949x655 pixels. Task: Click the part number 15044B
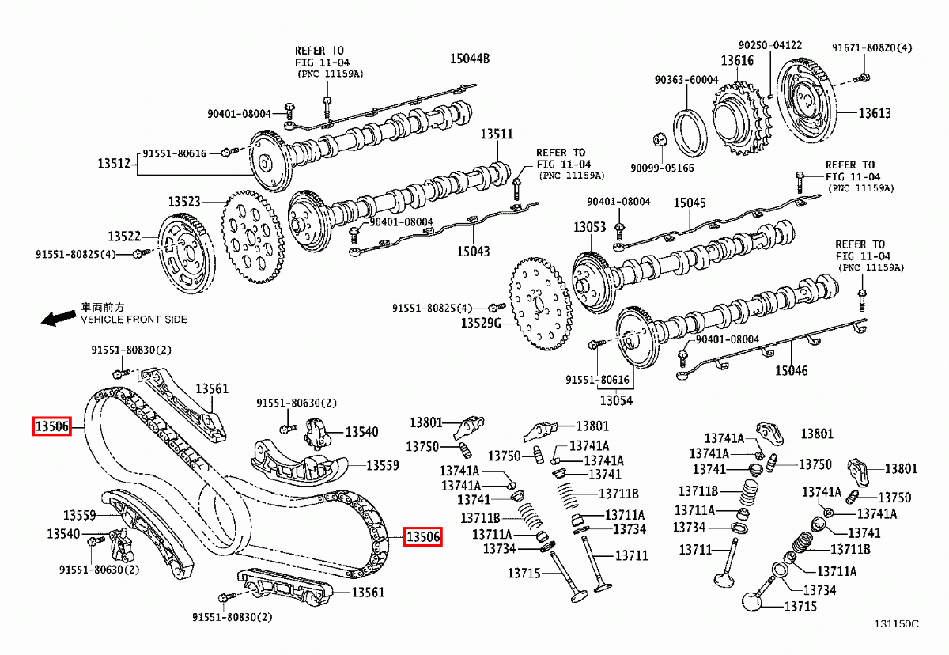471,59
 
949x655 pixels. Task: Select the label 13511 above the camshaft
498,134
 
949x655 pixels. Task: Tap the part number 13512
114,164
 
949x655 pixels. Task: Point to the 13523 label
183,203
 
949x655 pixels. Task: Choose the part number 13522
124,237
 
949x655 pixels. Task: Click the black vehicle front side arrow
58,318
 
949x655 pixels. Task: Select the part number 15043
473,252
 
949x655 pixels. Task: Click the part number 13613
875,113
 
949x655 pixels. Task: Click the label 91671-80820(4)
871,47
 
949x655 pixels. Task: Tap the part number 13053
590,228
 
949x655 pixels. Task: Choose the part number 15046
792,370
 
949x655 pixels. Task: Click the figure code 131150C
896,624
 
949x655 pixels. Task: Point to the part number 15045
690,203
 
